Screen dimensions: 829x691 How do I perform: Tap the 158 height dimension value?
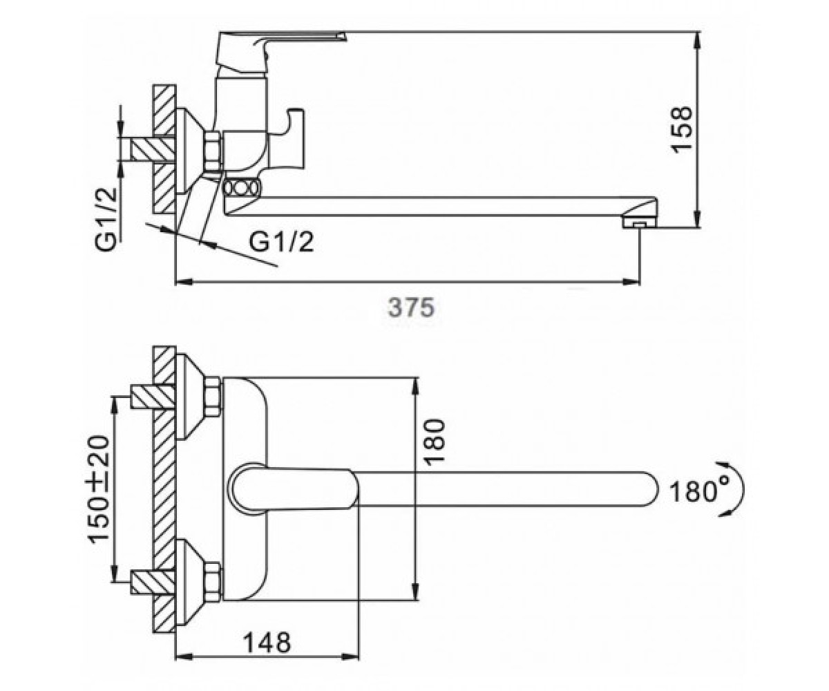tap(681, 129)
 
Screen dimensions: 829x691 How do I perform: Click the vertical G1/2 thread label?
tap(106, 218)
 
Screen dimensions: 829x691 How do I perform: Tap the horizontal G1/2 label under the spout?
tap(281, 242)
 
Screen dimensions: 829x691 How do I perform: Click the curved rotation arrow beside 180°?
tap(738, 489)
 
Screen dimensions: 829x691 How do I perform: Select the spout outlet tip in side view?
tap(639, 225)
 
